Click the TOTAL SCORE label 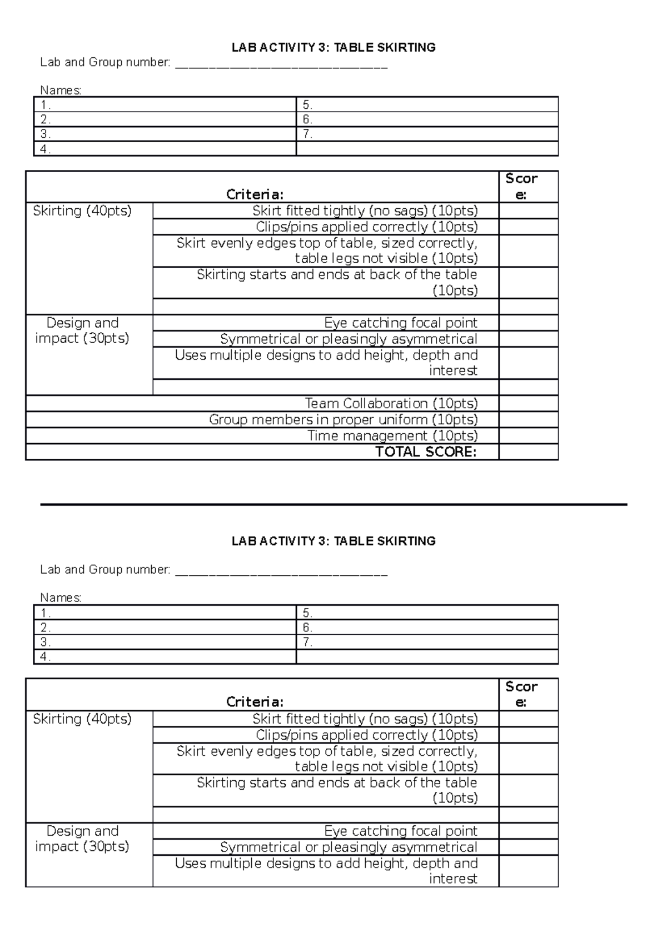(426, 452)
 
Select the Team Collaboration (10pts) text (391, 404)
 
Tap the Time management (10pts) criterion (392, 436)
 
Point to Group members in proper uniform (343, 420)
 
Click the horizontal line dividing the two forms (333, 504)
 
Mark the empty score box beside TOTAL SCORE (528, 452)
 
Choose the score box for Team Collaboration (528, 404)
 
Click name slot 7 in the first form (427, 134)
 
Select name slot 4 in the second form (165, 657)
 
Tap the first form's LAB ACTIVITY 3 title (333, 48)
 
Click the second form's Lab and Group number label (105, 570)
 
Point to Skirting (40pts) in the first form (82, 211)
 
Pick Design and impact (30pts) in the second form (82, 839)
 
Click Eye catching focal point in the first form (400, 323)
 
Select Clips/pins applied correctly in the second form (366, 735)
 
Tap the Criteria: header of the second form (255, 702)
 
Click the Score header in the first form (521, 187)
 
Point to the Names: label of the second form (61, 598)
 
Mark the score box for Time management (528, 436)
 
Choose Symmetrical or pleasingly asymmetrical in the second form (349, 847)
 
